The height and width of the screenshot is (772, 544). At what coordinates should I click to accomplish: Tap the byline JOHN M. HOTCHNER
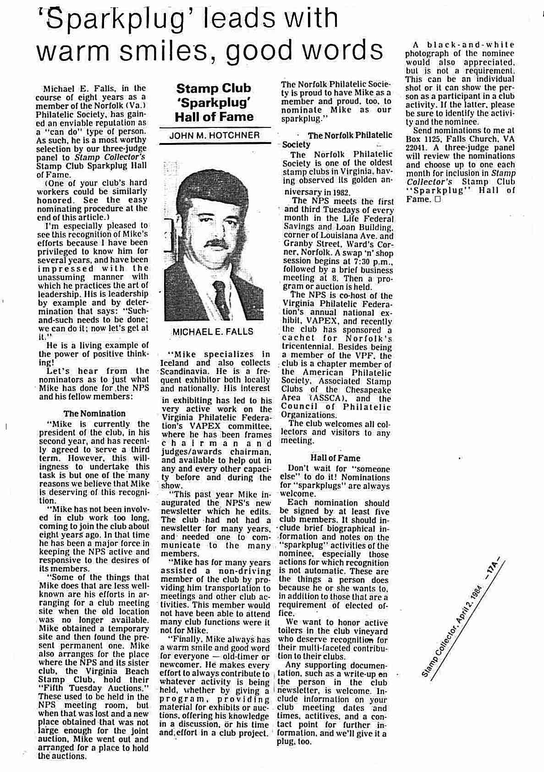point(214,135)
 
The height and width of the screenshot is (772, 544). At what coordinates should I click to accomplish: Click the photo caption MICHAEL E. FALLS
point(213,331)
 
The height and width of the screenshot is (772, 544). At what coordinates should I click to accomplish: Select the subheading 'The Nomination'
point(94,414)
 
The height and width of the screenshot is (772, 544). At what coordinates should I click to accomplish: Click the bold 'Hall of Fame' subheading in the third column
point(335,458)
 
